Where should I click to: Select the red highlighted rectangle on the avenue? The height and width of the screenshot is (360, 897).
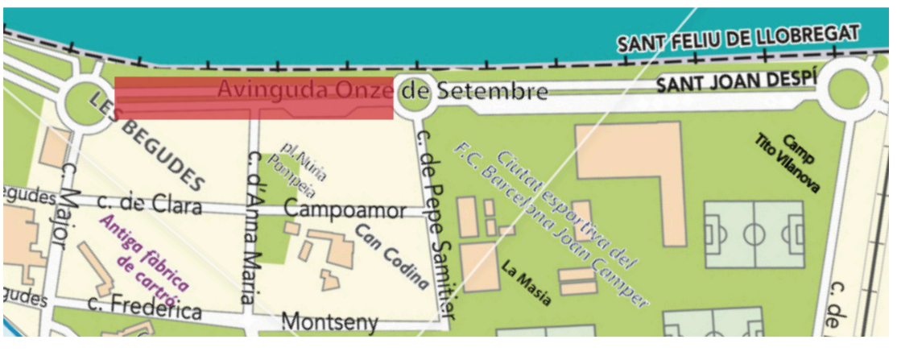pos(254,98)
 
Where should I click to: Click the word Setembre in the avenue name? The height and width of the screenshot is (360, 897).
pos(492,93)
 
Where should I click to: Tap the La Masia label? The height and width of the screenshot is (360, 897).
pos(526,283)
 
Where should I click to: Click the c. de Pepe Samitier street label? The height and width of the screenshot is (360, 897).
pos(440,221)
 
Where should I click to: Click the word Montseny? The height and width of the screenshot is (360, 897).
pos(329,322)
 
